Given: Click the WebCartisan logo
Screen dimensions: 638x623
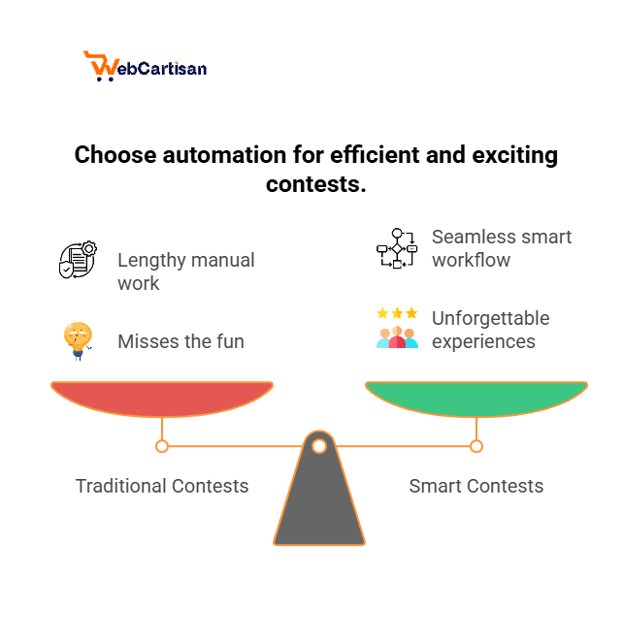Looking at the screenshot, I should click(146, 66).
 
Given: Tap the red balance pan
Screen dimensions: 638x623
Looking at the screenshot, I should click(162, 397).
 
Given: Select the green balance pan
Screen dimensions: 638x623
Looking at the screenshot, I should click(475, 397).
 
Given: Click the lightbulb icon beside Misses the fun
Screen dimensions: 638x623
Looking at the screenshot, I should click(78, 340).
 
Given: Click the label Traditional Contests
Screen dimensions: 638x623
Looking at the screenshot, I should click(162, 486).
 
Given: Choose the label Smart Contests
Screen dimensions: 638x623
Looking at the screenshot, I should click(475, 486).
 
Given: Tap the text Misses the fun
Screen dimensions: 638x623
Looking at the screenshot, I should click(180, 341).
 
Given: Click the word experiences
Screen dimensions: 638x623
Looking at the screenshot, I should click(483, 341).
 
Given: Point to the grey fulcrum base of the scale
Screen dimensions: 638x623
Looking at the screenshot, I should click(319, 504).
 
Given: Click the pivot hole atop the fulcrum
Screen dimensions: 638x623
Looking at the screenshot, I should click(319, 446).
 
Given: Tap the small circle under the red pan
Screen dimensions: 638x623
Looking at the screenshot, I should click(162, 446).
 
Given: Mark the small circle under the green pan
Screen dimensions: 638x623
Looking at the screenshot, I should click(476, 446).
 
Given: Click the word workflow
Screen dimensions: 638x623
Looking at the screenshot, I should click(471, 260).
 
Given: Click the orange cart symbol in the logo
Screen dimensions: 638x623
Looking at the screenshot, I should click(100, 64).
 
